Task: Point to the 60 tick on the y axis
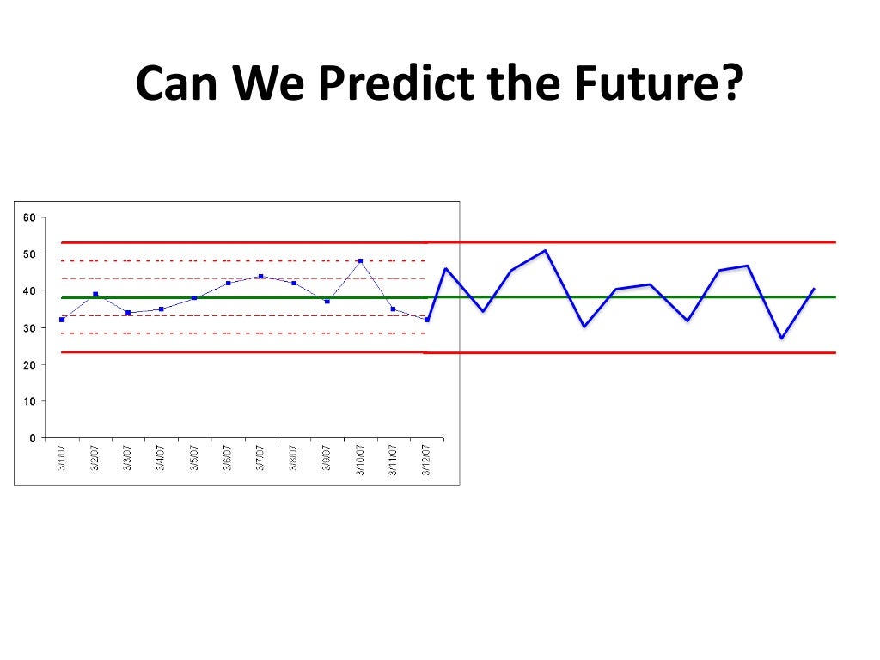[x=28, y=217]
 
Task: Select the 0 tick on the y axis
[x=32, y=438]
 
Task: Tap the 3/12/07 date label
[x=426, y=461]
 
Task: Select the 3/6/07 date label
[x=228, y=460]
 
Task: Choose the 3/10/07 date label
[x=360, y=461]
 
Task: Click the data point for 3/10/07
[x=360, y=260]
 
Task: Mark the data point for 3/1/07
[x=62, y=320]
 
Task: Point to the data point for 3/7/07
[x=260, y=276]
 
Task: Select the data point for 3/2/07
[x=95, y=294]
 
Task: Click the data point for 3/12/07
[x=426, y=320]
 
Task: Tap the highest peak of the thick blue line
[x=546, y=250]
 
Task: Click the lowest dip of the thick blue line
[x=782, y=339]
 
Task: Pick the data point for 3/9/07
[x=327, y=302]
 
